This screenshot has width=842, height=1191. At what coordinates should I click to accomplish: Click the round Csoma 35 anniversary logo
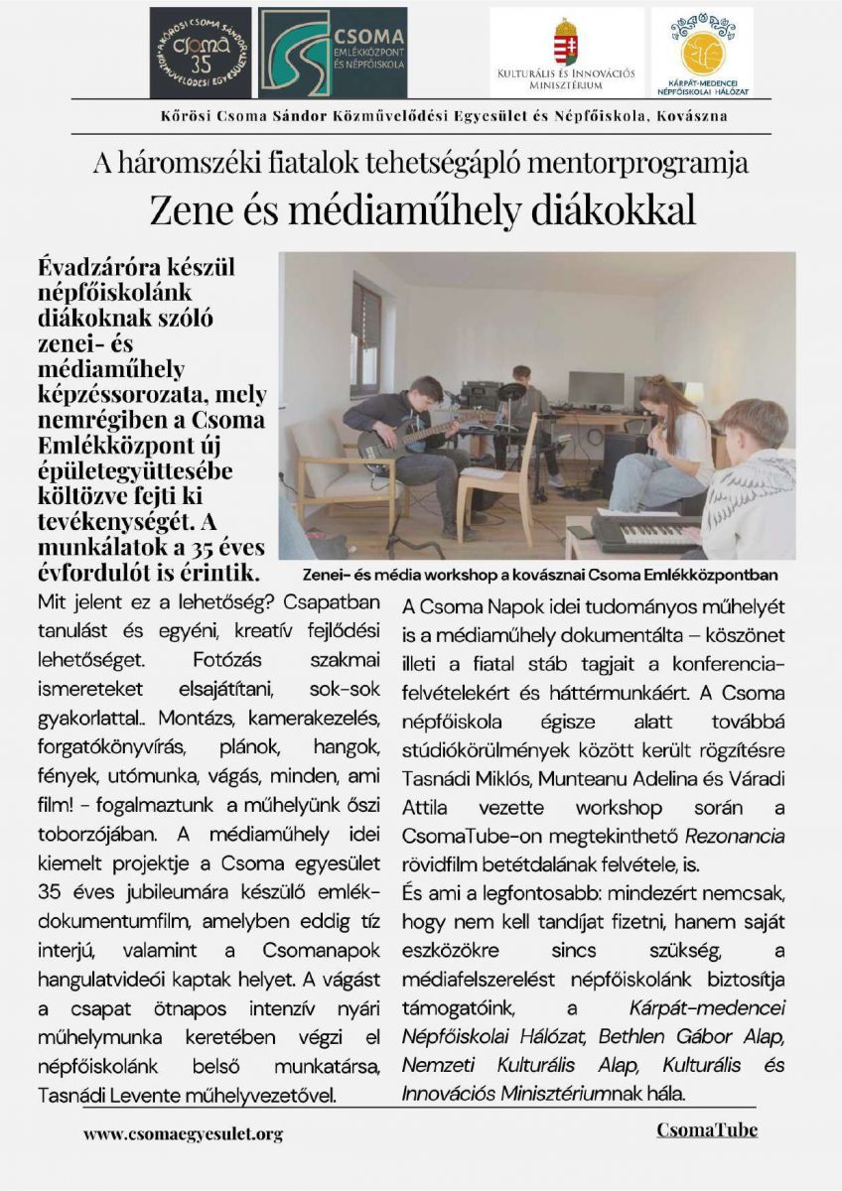[201, 52]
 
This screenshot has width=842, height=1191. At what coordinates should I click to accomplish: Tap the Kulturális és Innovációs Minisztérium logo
[566, 52]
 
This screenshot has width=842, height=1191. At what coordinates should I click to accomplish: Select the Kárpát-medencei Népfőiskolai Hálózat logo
[702, 52]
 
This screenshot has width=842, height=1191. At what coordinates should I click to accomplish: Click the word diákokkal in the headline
[615, 210]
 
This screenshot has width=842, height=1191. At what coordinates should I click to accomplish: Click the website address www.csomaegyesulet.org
[184, 1133]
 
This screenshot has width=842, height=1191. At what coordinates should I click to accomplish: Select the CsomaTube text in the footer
[706, 1129]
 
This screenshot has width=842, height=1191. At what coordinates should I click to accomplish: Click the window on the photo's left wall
[364, 337]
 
